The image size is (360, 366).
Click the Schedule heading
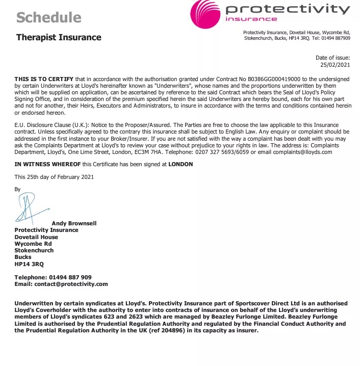(x=49, y=17)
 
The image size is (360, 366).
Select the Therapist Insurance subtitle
(x=59, y=37)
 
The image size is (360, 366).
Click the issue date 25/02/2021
(x=335, y=65)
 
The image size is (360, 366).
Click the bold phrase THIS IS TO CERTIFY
(x=44, y=79)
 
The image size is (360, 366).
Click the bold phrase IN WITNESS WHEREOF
(x=47, y=165)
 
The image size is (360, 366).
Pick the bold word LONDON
(x=181, y=165)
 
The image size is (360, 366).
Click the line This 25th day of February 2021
(x=54, y=177)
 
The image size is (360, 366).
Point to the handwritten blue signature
(x=31, y=210)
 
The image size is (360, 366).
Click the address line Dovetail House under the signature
(x=36, y=237)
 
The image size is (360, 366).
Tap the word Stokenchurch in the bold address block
(x=34, y=250)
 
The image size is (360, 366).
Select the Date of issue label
(x=333, y=58)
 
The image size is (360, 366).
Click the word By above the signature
(x=18, y=189)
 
